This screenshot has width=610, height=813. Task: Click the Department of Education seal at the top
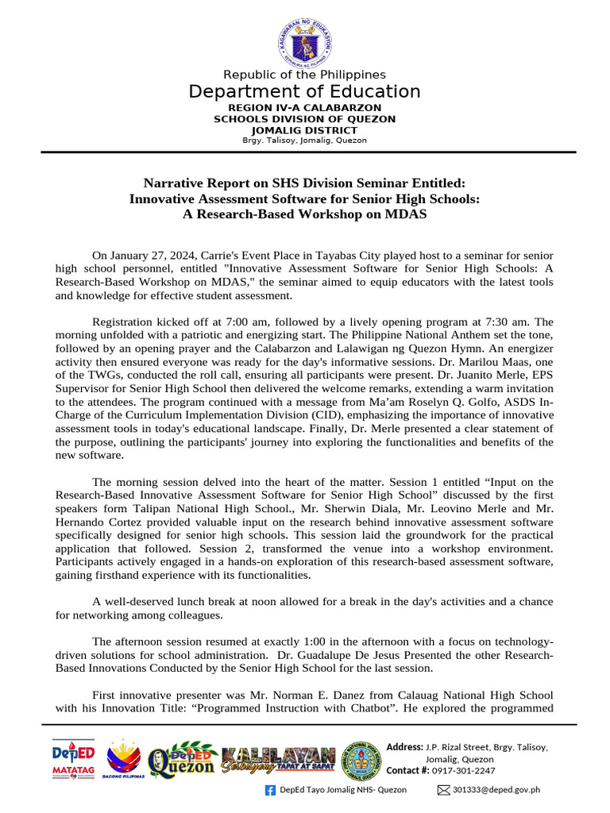[304, 40]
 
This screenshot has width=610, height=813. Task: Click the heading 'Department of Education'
[304, 91]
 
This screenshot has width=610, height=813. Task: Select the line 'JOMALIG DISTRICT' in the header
[304, 129]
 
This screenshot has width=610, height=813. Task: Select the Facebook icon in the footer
[269, 790]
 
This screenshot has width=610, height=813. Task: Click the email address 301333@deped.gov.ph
[496, 790]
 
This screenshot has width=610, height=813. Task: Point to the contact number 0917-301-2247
[462, 770]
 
